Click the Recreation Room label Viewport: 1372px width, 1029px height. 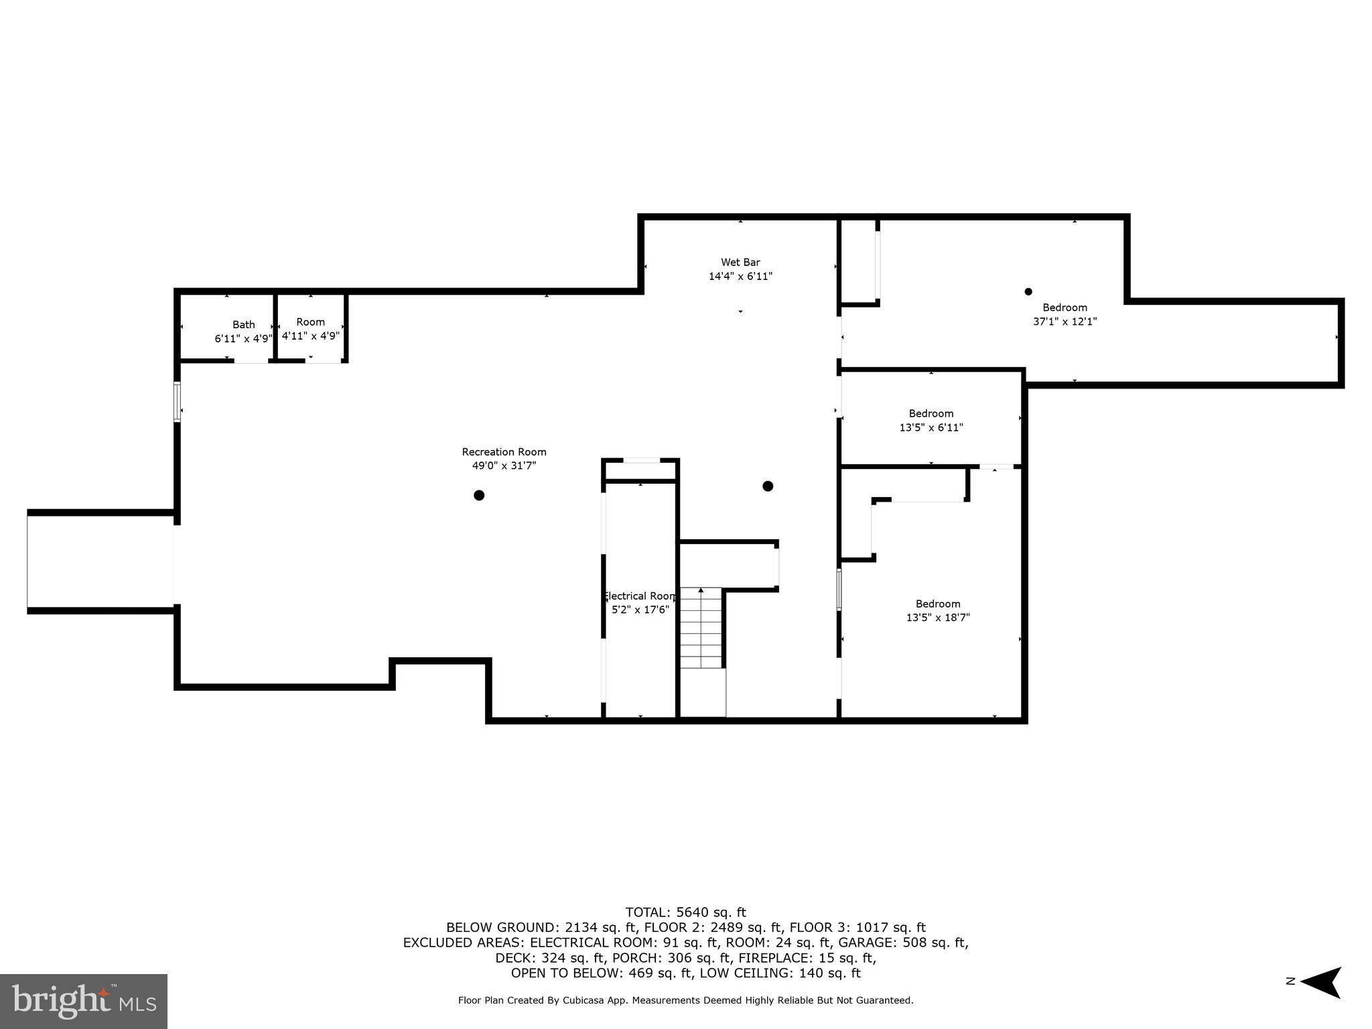click(504, 452)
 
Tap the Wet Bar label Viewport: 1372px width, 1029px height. click(740, 262)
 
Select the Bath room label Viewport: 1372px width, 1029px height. click(243, 324)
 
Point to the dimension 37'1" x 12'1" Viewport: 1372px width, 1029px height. click(1065, 322)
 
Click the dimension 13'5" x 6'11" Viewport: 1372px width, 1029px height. click(931, 427)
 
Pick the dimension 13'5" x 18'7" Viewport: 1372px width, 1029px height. click(938, 618)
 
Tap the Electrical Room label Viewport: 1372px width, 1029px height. click(640, 596)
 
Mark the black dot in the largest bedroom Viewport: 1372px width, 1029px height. click(1028, 291)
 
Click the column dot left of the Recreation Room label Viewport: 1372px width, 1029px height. click(479, 496)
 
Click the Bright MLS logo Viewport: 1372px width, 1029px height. click(83, 1001)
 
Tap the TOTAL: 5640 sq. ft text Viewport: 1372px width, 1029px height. click(685, 912)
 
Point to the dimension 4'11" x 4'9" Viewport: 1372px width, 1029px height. click(311, 336)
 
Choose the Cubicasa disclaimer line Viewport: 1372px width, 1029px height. click(685, 1000)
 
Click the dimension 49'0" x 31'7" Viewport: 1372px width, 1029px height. click(504, 466)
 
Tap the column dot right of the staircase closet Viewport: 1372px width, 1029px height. click(768, 486)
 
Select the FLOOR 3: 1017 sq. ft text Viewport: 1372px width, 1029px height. click(857, 927)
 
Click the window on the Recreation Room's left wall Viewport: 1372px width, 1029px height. click(177, 402)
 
